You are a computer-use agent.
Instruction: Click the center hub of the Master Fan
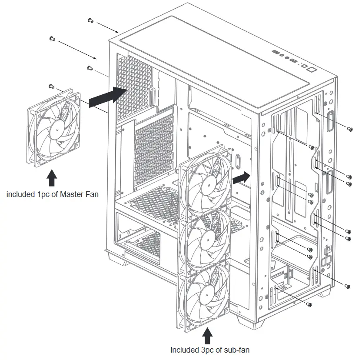[55, 129]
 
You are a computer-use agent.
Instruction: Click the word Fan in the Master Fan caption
[92, 194]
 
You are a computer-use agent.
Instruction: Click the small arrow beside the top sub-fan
[242, 177]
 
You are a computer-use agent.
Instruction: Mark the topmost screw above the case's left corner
[90, 20]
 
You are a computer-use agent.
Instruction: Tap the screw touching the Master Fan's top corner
[51, 86]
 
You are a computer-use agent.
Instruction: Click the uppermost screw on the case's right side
[350, 129]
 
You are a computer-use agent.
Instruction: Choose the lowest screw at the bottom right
[309, 304]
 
